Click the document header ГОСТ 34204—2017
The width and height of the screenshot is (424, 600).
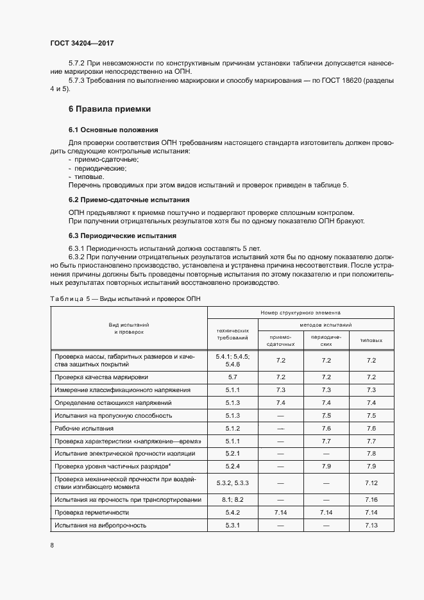(x=81, y=44)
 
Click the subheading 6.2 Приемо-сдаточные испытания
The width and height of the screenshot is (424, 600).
(x=129, y=200)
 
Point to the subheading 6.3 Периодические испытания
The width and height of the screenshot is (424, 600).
(x=122, y=235)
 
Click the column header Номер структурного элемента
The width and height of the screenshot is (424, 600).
(x=301, y=313)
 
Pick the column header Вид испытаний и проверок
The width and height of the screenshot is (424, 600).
(x=128, y=329)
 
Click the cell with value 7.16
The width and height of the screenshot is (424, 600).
(x=371, y=499)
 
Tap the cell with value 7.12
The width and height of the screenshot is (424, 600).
(x=371, y=483)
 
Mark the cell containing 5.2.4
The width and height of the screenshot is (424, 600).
(x=232, y=465)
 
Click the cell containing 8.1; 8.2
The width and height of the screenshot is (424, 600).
(x=232, y=499)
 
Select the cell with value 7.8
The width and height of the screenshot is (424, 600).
(x=371, y=453)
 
